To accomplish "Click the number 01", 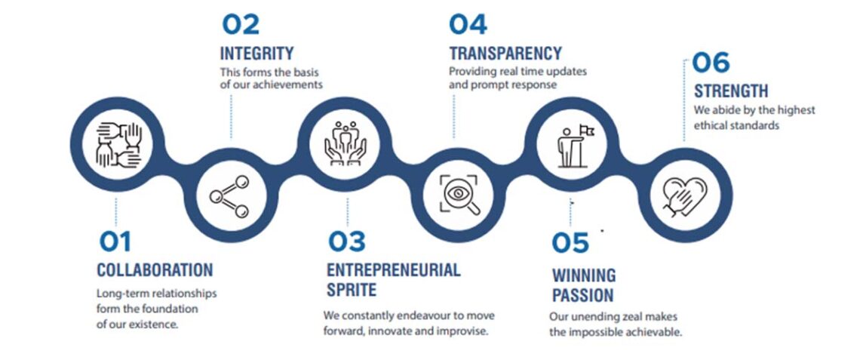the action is coord(115,242).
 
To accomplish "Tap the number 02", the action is coord(240,25).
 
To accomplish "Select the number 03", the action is coord(347,242).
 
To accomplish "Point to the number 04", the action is coord(468,25).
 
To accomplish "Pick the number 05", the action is coord(570,243).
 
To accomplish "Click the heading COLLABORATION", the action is coord(155,270).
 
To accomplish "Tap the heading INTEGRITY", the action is coord(257,54).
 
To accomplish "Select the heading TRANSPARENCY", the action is coord(505,54).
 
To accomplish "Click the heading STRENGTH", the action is coord(731,91).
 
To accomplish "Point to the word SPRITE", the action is coord(352,290).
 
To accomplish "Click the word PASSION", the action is coord(583,295).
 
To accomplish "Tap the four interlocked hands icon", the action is coord(119,145).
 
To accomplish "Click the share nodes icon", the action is coord(229,196).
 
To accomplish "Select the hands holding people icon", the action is coord(345,145).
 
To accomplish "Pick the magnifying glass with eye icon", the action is coord(459,195).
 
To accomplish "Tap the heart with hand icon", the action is coord(685,196).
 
